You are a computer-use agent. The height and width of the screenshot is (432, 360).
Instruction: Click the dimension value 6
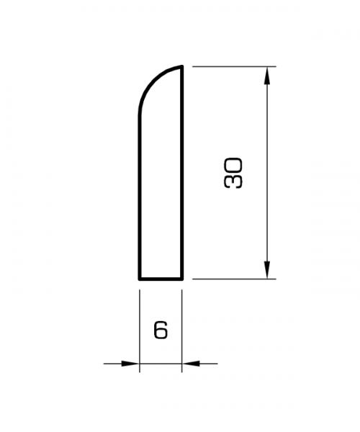161,330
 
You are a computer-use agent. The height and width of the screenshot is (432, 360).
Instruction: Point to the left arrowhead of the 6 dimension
130,364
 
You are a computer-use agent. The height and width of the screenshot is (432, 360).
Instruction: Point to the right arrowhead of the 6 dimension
190,364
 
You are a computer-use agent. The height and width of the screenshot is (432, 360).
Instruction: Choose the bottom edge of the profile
160,278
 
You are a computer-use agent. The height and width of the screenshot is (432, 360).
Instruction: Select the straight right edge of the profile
181,173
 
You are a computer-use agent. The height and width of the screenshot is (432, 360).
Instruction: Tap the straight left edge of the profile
139,194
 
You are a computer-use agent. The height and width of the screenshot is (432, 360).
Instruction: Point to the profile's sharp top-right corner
181,67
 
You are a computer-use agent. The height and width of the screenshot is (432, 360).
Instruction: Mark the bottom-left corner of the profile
139,278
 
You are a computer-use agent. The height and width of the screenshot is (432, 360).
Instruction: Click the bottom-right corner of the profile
181,278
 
